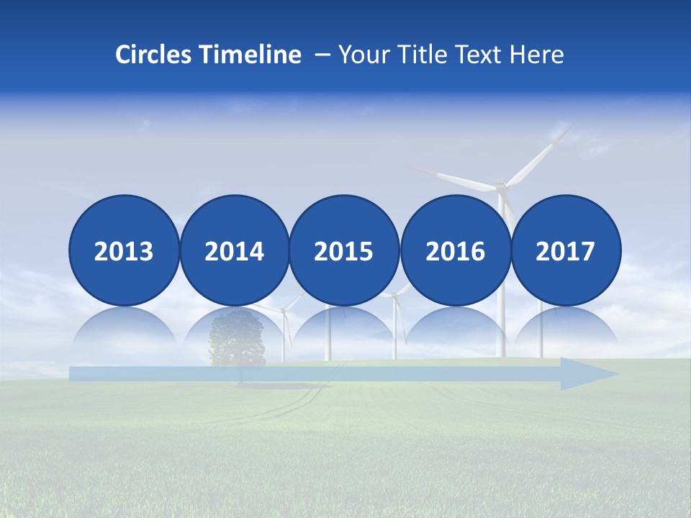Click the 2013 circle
(124, 250)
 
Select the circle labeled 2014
(234, 250)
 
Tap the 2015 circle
(343, 250)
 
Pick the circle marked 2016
(456, 250)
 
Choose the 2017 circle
(566, 250)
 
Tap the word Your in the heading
(361, 54)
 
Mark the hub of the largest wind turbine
(501, 187)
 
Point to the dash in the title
(321, 55)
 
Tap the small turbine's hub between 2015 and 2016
(394, 295)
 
